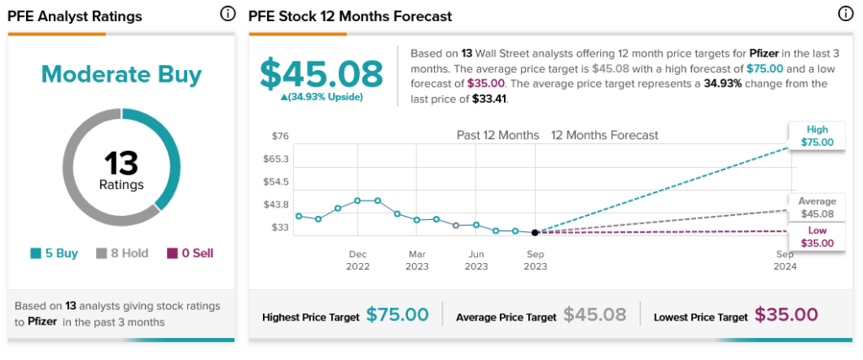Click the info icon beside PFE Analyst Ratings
(x=228, y=14)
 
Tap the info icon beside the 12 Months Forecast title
(x=845, y=14)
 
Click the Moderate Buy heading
(x=121, y=75)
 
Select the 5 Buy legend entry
(x=54, y=253)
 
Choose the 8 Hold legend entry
(x=122, y=253)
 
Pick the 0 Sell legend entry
(x=190, y=253)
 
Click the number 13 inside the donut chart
(x=121, y=163)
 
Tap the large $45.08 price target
(x=321, y=73)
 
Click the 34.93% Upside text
(x=321, y=98)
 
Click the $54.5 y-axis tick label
(x=276, y=181)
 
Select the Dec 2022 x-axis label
(x=357, y=261)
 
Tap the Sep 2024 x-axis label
(x=785, y=261)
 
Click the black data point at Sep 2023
(x=535, y=233)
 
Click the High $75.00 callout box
(x=817, y=136)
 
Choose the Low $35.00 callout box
(x=817, y=237)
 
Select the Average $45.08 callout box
(x=817, y=208)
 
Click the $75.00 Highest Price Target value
(x=398, y=314)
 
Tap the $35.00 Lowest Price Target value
(x=786, y=314)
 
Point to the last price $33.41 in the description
(x=486, y=99)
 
